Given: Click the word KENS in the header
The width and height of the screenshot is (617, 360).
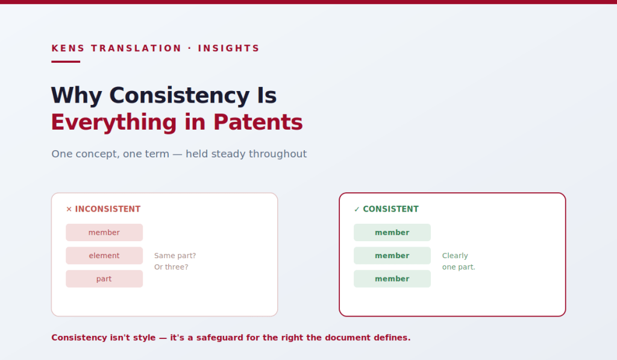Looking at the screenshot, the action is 68,48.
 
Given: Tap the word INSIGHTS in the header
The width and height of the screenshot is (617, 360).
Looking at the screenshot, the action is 228,48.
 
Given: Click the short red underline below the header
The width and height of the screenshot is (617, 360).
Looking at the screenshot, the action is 66,62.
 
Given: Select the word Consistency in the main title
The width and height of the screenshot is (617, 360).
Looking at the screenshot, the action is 180,95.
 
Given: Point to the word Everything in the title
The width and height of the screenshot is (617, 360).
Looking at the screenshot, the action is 114,122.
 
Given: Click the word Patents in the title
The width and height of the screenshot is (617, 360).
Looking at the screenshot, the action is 258,122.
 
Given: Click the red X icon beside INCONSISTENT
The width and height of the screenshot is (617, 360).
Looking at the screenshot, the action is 69,209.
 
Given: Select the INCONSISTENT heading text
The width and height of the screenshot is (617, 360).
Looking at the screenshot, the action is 108,209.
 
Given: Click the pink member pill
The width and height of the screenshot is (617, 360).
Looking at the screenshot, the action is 104,232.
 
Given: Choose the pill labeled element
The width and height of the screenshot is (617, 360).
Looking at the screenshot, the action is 104,256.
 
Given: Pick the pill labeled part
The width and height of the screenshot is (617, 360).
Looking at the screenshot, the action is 104,279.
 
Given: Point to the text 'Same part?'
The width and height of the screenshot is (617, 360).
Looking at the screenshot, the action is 175,256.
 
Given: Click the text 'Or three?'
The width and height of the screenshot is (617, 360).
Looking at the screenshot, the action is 171,267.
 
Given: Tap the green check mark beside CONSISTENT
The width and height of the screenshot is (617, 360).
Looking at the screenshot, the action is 357,209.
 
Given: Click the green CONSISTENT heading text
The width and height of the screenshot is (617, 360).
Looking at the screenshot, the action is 390,209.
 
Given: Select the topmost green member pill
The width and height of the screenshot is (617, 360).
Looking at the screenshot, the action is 392,232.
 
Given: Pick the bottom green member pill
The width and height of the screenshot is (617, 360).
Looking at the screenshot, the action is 392,279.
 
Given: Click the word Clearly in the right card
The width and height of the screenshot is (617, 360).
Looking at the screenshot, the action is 455,256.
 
